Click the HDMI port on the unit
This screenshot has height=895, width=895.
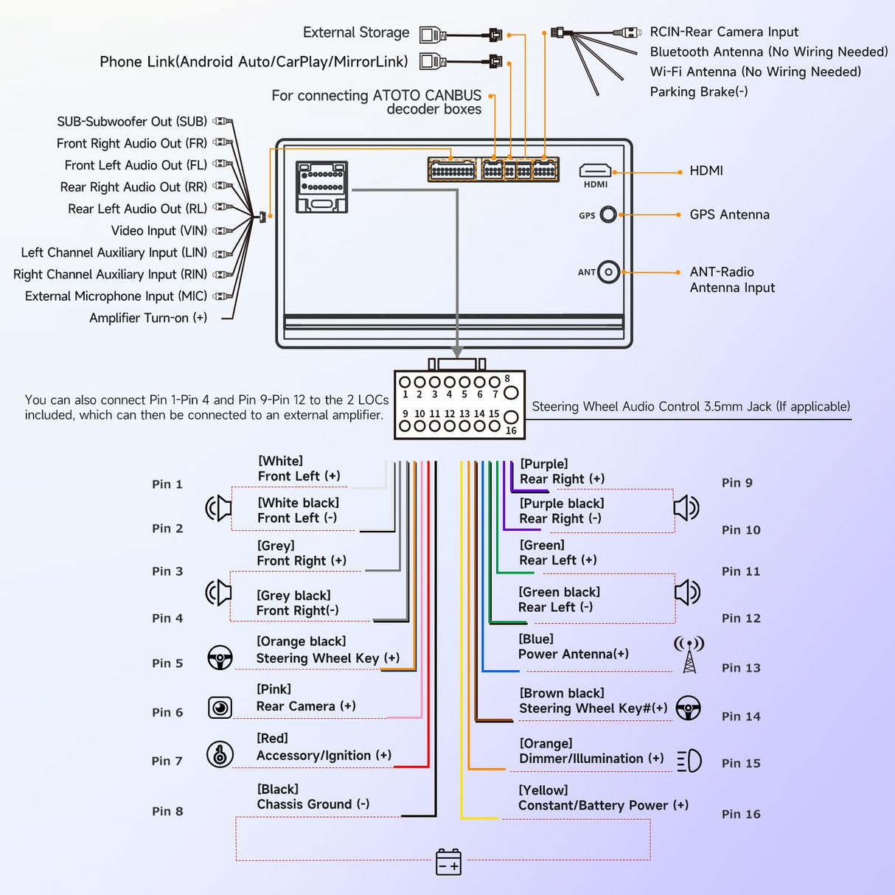pyautogui.click(x=595, y=172)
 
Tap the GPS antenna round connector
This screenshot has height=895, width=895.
pyautogui.click(x=608, y=215)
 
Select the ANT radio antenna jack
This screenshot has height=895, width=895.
pyautogui.click(x=608, y=272)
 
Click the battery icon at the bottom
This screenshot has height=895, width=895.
pyautogui.click(x=448, y=862)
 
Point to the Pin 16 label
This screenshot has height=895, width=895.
pyautogui.click(x=741, y=814)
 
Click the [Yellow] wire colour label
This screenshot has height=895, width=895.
pyautogui.click(x=543, y=790)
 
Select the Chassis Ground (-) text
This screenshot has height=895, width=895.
pyautogui.click(x=313, y=804)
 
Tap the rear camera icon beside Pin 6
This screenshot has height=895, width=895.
pyautogui.click(x=220, y=708)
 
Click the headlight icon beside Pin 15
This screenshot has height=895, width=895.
pyautogui.click(x=689, y=761)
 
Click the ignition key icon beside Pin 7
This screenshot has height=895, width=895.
pyautogui.click(x=220, y=754)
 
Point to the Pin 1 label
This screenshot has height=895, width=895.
pyautogui.click(x=167, y=484)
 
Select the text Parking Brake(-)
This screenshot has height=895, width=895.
pyautogui.click(x=699, y=92)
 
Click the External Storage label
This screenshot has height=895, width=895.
pyautogui.click(x=356, y=33)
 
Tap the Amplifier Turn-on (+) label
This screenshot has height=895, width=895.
pyautogui.click(x=148, y=318)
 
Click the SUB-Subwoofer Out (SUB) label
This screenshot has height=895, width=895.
pyautogui.click(x=132, y=122)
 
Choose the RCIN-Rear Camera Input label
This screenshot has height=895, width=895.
pyautogui.click(x=724, y=32)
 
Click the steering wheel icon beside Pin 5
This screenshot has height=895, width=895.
pyautogui.click(x=220, y=658)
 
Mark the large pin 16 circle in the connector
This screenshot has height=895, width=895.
pyautogui.click(x=511, y=417)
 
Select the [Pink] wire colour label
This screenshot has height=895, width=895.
pyautogui.click(x=274, y=689)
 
